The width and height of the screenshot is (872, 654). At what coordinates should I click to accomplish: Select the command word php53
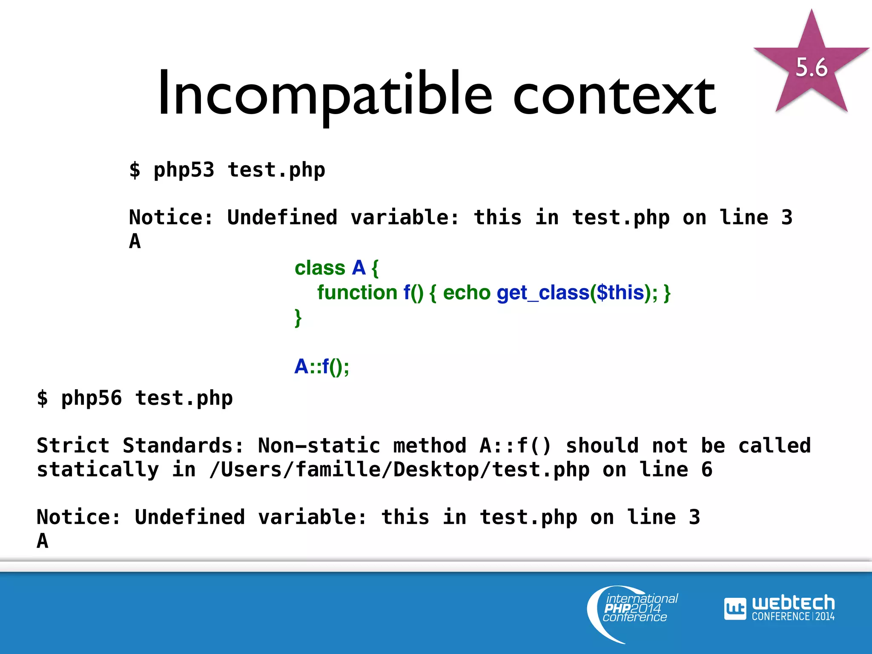click(x=184, y=170)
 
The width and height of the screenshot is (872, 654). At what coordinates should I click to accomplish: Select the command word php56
click(x=92, y=399)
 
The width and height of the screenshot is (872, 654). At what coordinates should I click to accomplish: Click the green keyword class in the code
click(x=320, y=268)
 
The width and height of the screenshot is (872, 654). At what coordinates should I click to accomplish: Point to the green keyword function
click(x=357, y=293)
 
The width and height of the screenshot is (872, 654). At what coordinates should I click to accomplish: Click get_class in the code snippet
click(x=542, y=293)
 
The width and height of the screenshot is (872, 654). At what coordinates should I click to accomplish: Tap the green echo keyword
click(x=467, y=293)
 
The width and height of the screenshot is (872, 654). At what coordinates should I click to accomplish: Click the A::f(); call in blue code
click(x=322, y=366)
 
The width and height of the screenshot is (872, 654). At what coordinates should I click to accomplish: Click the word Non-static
click(x=319, y=446)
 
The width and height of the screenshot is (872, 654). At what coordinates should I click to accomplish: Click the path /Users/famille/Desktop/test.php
click(x=399, y=470)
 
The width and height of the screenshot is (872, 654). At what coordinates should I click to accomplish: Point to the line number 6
click(x=707, y=470)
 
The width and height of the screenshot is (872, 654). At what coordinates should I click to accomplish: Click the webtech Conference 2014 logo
click(x=779, y=608)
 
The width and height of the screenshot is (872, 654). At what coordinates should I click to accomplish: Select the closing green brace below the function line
click(x=298, y=318)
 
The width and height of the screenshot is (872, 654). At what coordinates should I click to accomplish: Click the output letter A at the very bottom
click(x=43, y=541)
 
